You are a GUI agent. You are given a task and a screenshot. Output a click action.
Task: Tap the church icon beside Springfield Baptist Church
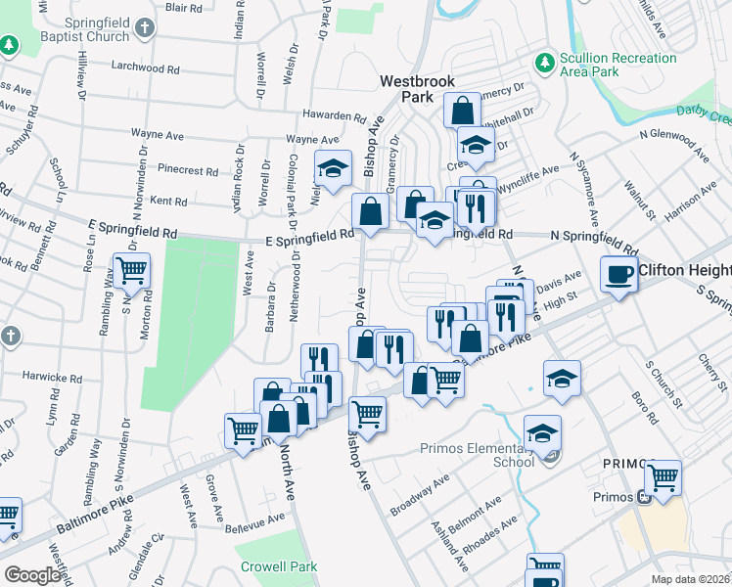click(x=145, y=25)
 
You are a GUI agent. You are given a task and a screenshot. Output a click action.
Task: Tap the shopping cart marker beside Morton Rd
click(x=131, y=271)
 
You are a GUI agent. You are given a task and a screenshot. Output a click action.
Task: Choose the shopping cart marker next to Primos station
click(x=663, y=478)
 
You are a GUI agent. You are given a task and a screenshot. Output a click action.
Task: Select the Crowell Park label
click(x=279, y=566)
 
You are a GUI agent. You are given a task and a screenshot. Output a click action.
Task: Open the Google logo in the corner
click(x=32, y=575)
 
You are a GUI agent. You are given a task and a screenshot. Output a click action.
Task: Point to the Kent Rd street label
click(x=167, y=201)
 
